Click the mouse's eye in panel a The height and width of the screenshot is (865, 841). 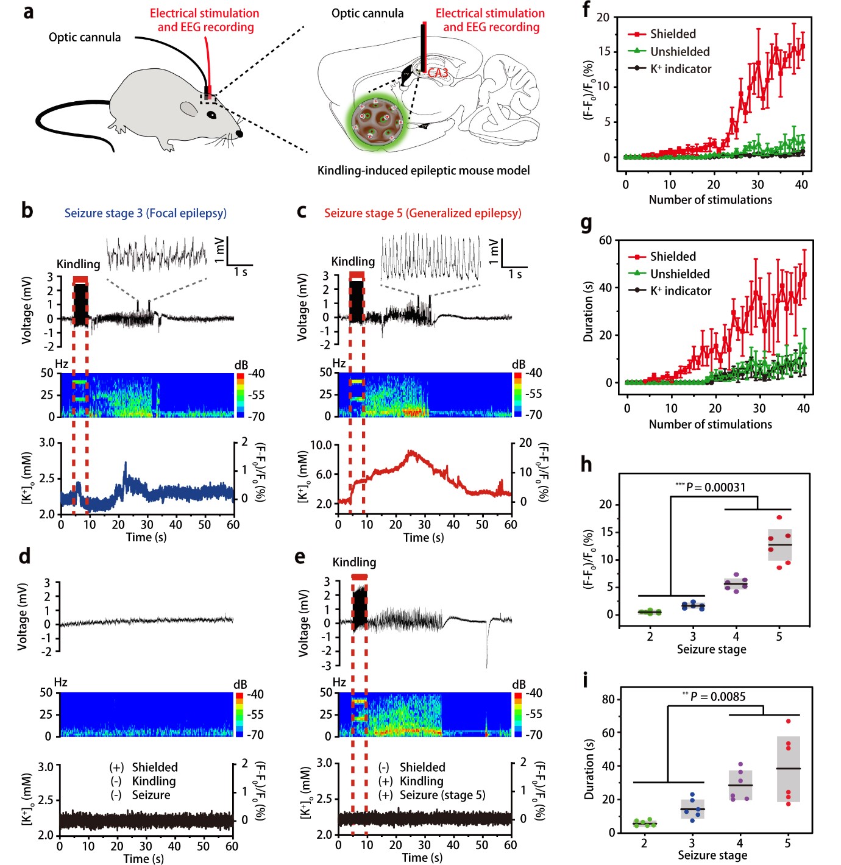(211, 114)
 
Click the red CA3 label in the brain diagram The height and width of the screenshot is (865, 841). (438, 73)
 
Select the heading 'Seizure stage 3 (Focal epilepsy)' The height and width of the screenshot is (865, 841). (146, 213)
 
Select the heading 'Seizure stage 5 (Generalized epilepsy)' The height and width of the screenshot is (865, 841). (422, 213)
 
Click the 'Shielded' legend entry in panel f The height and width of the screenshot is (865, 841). (672, 34)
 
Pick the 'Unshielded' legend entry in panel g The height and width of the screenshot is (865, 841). (680, 274)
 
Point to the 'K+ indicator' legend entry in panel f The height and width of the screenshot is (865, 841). (680, 69)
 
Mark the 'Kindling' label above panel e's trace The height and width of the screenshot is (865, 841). (354, 562)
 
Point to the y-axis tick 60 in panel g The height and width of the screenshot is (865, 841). (605, 240)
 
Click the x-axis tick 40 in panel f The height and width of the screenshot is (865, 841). (801, 185)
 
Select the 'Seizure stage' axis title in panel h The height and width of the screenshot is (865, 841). (711, 649)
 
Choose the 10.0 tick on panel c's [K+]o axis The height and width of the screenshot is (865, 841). (321, 445)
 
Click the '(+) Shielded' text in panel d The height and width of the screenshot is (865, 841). (144, 767)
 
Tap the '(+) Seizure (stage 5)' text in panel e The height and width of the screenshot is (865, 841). (432, 795)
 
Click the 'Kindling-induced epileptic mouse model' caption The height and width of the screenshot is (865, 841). (423, 171)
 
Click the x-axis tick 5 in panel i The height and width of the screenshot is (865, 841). (787, 843)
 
